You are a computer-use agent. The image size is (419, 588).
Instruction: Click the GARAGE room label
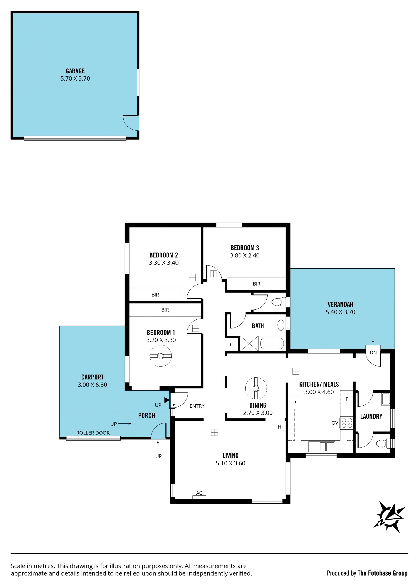coord(75,71)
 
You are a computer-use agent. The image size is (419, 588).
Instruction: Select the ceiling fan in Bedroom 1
coord(160,356)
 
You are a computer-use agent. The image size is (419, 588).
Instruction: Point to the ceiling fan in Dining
coord(256,388)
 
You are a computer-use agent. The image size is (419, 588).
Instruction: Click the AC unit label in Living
coord(199,493)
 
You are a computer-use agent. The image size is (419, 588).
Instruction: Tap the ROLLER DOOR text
coord(93,433)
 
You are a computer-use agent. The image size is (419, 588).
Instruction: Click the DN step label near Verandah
coord(373,353)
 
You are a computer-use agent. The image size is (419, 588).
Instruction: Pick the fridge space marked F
coord(347,399)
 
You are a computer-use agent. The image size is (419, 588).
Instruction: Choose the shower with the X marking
coord(249,343)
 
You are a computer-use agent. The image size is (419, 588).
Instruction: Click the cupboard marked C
coord(231,345)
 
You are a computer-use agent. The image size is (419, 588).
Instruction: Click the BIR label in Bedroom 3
coord(256,284)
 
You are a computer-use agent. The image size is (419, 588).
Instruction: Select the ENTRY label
coord(197,406)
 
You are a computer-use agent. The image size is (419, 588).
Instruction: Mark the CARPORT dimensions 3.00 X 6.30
coord(92,385)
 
